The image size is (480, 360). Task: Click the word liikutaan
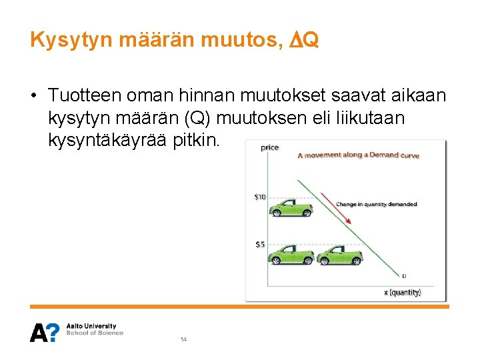click(381, 119)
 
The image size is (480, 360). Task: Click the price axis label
click(269, 148)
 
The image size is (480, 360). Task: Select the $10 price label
click(260, 197)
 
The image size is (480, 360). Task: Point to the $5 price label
click(260, 244)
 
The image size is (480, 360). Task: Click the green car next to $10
click(291, 208)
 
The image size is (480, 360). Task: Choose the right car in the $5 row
click(340, 254)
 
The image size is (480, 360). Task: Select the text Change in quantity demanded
click(377, 204)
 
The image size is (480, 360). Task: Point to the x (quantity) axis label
click(403, 292)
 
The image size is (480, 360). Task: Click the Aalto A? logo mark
click(45, 332)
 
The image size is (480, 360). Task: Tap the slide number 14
click(183, 339)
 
